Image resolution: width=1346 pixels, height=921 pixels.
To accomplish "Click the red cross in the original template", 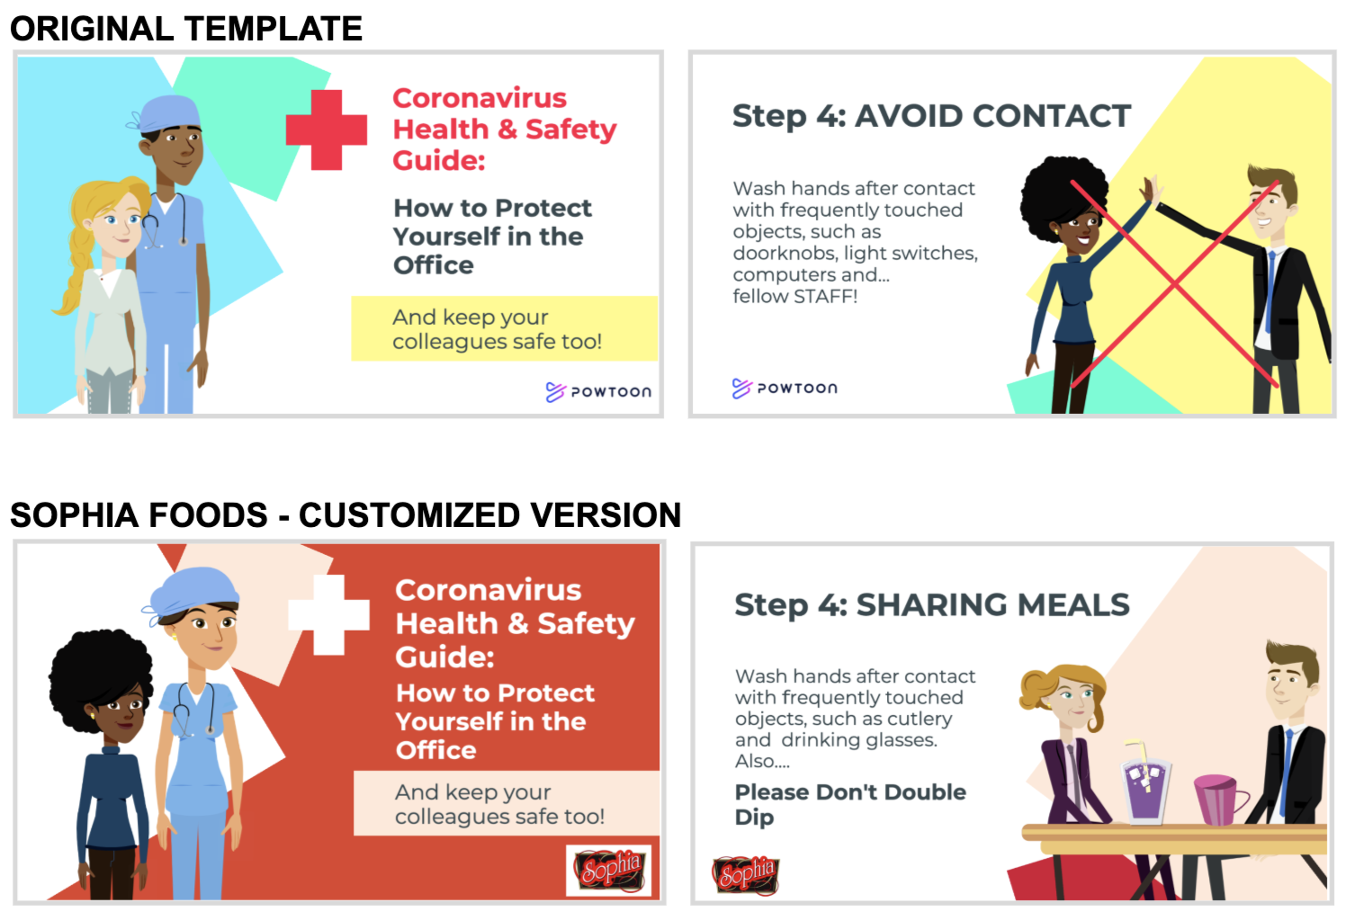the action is tap(327, 130).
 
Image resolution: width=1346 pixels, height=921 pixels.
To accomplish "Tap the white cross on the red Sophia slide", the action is tap(328, 614).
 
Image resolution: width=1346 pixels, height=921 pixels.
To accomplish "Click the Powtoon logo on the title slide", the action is tap(598, 392).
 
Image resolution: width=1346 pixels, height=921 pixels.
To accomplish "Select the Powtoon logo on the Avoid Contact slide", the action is tap(785, 389).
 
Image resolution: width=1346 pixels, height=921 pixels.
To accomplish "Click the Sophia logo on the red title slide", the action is tap(609, 870).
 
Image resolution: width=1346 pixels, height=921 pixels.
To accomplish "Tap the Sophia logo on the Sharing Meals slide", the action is tap(746, 875).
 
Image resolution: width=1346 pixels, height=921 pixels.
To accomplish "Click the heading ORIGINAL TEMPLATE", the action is tap(186, 29).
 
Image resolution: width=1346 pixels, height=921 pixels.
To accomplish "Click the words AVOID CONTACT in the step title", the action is tap(992, 116).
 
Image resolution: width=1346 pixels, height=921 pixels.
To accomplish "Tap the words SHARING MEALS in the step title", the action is tap(992, 604).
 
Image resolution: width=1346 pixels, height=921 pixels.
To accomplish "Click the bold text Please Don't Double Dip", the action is tap(850, 804).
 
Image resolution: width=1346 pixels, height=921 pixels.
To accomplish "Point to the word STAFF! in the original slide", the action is tap(825, 296).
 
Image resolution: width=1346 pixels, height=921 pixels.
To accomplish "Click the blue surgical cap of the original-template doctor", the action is tap(166, 113).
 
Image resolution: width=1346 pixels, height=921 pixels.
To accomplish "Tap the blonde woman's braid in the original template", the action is tap(72, 271).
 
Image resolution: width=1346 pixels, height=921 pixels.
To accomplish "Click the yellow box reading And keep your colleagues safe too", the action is tap(504, 328).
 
